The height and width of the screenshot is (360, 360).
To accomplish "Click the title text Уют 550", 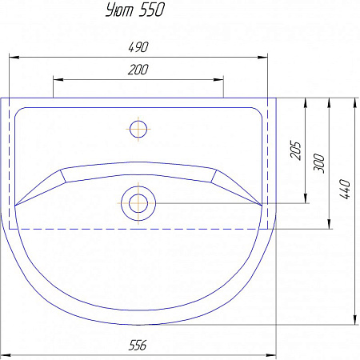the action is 135,10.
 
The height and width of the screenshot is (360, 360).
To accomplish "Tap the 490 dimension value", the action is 138,47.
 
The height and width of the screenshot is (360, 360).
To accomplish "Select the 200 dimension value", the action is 138,70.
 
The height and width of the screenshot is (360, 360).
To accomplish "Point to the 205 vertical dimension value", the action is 295,150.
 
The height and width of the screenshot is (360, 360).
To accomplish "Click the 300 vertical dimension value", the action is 319,163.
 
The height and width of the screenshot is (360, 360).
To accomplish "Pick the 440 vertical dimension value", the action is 345,189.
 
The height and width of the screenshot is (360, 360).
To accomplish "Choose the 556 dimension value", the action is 138,345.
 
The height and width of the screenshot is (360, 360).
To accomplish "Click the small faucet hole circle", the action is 138,129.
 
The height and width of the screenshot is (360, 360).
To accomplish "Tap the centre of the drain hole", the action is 138,203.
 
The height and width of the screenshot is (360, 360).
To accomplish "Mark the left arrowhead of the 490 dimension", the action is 14,57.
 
